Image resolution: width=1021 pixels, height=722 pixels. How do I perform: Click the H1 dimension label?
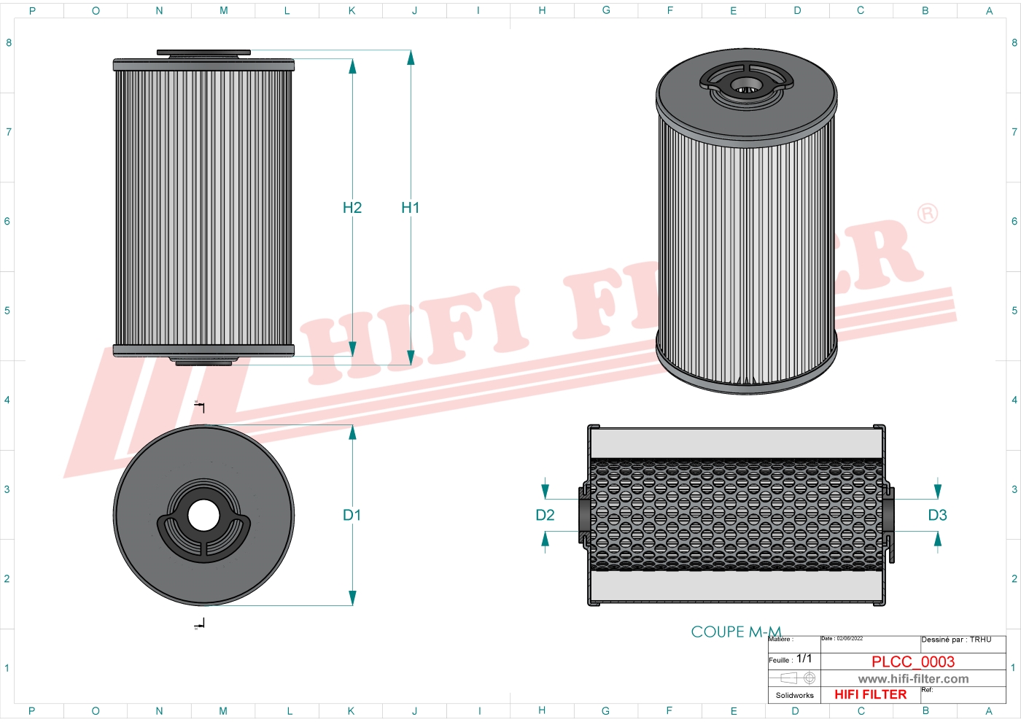[x=410, y=208]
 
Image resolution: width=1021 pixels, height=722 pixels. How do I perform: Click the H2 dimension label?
[x=352, y=208]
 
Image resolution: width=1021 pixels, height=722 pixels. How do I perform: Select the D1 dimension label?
[x=352, y=515]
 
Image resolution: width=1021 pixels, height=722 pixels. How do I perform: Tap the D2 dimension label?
[x=545, y=515]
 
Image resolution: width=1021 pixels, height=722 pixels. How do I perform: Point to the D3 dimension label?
[x=937, y=515]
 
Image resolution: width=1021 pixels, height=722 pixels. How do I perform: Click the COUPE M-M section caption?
[x=736, y=632]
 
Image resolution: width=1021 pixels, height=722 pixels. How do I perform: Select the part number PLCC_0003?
[x=912, y=661]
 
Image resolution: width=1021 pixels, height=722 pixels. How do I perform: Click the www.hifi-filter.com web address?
[x=913, y=679]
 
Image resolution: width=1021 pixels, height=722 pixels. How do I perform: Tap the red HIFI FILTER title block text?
[x=870, y=694]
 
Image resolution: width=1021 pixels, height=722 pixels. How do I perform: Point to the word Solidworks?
[x=794, y=695]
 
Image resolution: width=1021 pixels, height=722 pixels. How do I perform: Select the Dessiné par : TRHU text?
[x=956, y=640]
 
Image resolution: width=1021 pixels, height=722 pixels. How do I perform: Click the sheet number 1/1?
[x=804, y=659]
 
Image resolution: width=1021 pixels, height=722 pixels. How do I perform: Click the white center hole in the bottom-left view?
[x=203, y=516]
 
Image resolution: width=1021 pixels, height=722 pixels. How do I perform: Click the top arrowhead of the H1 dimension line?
[x=411, y=58]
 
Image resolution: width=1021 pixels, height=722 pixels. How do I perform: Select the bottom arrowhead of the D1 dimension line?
[x=352, y=598]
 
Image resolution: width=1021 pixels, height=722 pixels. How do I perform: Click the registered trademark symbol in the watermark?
[x=927, y=214]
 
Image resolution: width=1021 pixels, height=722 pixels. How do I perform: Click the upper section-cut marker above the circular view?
[x=200, y=405]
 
